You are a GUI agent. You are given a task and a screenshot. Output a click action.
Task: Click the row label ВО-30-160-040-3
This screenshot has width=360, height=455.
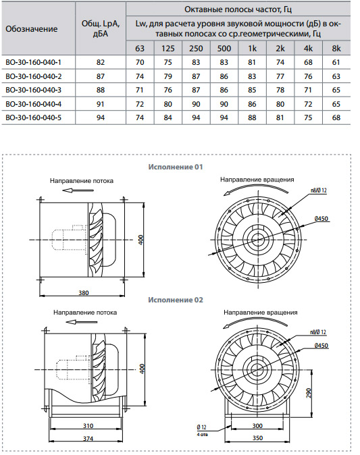point(33,90)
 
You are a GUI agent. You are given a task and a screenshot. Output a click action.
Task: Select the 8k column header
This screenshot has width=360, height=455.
point(336,48)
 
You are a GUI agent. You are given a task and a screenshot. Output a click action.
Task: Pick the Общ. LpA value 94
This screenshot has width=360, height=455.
point(101,117)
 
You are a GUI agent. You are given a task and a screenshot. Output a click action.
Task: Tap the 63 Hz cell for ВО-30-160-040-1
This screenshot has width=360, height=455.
point(140,62)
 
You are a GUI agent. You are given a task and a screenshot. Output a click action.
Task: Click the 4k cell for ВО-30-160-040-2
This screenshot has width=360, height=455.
point(308,76)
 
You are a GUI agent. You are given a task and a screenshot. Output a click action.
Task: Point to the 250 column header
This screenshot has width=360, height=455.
point(196,48)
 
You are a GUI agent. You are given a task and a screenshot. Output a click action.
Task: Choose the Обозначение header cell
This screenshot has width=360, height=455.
point(31,29)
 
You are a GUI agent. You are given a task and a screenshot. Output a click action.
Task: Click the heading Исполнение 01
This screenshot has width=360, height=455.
point(176,167)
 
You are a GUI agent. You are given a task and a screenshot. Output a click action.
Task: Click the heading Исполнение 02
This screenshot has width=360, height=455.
point(176,300)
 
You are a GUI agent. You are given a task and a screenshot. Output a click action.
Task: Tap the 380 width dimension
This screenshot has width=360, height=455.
point(84,293)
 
